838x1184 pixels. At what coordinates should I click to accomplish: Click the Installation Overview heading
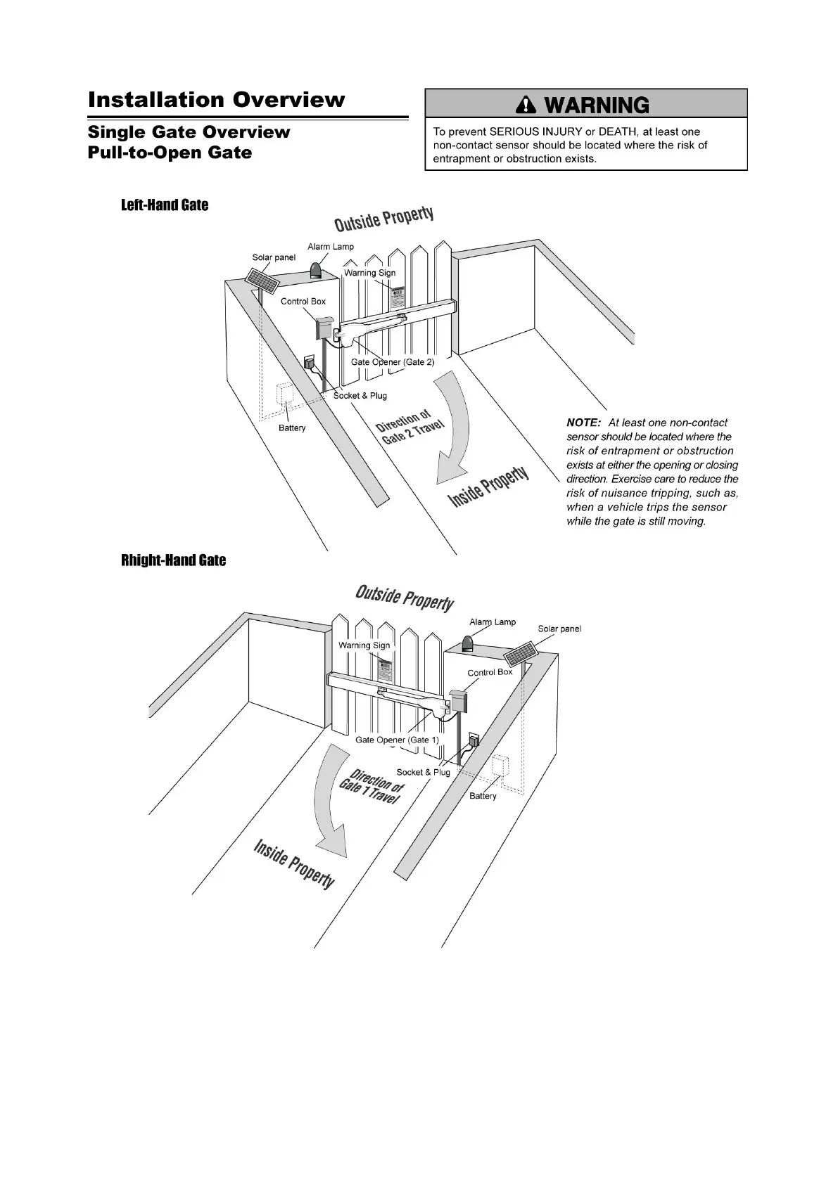click(216, 100)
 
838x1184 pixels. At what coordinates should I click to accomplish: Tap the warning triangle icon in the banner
click(526, 105)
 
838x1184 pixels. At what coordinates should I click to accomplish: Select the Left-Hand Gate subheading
click(165, 205)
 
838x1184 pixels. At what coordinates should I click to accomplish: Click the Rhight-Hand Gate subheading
click(173, 560)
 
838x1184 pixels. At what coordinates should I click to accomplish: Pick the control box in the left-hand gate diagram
click(324, 328)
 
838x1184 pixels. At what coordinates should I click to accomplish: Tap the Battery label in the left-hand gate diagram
click(292, 427)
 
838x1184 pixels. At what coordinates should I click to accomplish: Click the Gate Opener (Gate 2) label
click(393, 362)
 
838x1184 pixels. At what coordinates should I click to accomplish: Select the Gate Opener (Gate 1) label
click(397, 740)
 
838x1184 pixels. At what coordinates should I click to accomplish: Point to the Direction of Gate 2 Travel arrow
click(450, 429)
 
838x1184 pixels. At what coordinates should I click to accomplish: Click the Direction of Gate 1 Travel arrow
click(329, 802)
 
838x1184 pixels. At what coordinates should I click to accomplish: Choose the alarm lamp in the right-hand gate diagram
click(468, 643)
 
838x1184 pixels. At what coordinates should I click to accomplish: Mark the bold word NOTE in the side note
click(583, 423)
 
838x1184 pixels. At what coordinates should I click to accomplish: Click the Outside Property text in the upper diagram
click(383, 219)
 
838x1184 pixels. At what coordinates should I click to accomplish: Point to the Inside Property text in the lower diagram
click(293, 864)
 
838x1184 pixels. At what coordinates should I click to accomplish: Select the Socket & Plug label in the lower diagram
click(423, 772)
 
